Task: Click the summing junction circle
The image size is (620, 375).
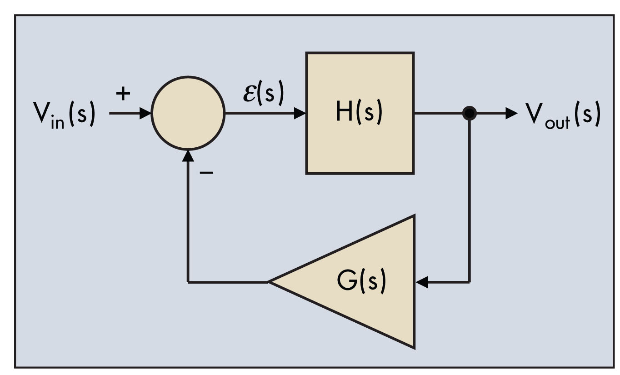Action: click(188, 113)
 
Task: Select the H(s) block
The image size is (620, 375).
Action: click(360, 113)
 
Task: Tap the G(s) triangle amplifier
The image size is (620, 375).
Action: click(364, 282)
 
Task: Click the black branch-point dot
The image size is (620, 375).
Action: click(469, 113)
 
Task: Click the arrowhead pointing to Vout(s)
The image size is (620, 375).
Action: click(511, 113)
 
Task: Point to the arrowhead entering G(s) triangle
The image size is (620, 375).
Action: click(422, 282)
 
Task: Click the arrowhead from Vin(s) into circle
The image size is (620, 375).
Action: click(145, 113)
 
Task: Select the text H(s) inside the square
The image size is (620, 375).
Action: click(359, 113)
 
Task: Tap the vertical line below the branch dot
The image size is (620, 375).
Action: click(469, 200)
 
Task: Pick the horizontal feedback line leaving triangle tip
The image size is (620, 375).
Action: click(227, 282)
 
